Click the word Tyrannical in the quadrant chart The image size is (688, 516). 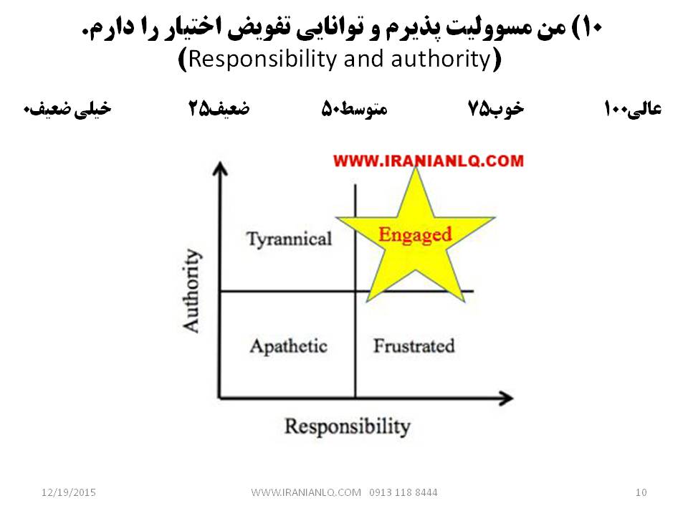289,239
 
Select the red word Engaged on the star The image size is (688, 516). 415,235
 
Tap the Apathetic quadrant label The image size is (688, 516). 289,347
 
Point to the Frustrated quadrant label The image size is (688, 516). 414,345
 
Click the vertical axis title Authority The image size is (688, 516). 192,290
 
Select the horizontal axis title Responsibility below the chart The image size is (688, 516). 348,426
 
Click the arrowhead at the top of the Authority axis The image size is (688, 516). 220,169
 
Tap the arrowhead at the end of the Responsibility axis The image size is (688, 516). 506,398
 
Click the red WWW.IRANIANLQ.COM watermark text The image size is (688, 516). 429,161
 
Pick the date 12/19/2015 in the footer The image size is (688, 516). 69,492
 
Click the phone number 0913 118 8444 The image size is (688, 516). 403,492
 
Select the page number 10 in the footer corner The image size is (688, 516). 641,492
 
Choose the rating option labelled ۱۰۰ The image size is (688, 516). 632,109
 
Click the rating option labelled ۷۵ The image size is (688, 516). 495,109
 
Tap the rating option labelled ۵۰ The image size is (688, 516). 355,109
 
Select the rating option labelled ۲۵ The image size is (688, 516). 219,108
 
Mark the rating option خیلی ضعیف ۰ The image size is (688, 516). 67,109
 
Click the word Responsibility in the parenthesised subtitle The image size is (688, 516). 262,59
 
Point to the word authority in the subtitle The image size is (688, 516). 441,59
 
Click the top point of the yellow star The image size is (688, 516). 415,168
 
